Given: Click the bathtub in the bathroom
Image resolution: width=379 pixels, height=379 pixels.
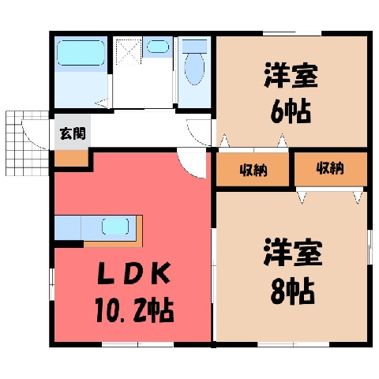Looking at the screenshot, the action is pyautogui.click(x=81, y=53).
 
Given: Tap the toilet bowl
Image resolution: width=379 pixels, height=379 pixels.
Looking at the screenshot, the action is pyautogui.click(x=194, y=69).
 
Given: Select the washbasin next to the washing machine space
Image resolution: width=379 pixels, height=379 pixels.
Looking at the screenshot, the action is pyautogui.click(x=158, y=47).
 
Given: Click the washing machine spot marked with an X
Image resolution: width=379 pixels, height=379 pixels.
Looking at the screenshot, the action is pyautogui.click(x=128, y=52).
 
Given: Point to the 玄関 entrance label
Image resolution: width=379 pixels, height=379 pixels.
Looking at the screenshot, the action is pyautogui.click(x=73, y=133).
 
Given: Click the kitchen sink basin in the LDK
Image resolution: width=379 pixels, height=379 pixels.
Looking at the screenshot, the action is pyautogui.click(x=115, y=227).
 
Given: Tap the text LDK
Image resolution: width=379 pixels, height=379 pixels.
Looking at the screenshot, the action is pyautogui.click(x=133, y=274).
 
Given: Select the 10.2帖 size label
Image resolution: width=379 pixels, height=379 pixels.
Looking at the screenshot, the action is pyautogui.click(x=134, y=310).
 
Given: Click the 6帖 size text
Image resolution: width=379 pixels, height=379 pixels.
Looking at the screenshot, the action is pyautogui.click(x=291, y=111).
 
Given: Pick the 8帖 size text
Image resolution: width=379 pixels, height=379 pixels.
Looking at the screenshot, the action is pyautogui.click(x=292, y=291).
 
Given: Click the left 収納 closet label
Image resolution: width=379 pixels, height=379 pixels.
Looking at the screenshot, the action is pyautogui.click(x=253, y=171).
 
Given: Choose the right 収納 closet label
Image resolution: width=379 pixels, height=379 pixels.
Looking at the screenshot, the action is pyautogui.click(x=330, y=168).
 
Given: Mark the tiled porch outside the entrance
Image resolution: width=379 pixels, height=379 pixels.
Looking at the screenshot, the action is pyautogui.click(x=27, y=143).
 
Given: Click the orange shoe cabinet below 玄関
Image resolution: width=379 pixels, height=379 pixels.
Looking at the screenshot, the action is pyautogui.click(x=71, y=159).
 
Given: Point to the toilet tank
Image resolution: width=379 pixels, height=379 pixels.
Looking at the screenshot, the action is pyautogui.click(x=194, y=47).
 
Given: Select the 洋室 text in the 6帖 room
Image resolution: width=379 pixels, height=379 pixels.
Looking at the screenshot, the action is pyautogui.click(x=291, y=75).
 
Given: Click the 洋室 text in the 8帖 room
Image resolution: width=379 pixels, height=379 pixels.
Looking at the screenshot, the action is pyautogui.click(x=293, y=252).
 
